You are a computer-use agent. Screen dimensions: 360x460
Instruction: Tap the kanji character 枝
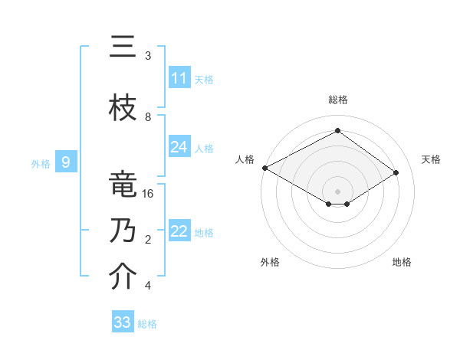pos(123,108)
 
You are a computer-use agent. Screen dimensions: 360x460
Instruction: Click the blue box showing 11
pos(179,78)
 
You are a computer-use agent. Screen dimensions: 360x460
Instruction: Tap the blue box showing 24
pos(179,147)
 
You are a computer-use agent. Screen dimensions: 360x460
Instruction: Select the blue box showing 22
pos(179,232)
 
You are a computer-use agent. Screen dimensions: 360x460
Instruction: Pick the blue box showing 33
pos(123,322)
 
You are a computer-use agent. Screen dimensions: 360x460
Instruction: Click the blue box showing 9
pos(67,162)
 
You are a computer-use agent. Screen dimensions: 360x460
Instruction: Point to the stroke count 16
pos(148,194)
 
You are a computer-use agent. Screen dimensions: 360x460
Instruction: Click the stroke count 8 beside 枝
pos(148,117)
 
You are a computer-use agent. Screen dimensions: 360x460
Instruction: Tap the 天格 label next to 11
pos(204,79)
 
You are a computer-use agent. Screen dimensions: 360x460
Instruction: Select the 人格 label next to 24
pos(204,148)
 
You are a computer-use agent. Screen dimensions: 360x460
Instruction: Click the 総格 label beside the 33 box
pos(147,324)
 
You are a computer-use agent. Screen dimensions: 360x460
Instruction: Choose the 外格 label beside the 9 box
pos(41,162)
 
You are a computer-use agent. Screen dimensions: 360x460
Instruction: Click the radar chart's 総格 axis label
pos(337,100)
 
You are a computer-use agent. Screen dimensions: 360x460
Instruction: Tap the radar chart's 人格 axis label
pos(245,159)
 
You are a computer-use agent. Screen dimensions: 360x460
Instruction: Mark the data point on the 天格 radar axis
pos(396,172)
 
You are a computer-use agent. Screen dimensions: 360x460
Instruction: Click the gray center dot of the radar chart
pos(337,191)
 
